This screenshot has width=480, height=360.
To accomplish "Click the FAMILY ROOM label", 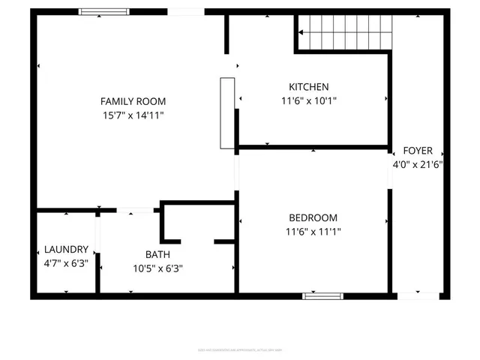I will [133, 101].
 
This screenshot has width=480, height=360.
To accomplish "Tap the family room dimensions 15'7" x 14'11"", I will [133, 115].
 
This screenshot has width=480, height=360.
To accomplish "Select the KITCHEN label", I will [308, 86].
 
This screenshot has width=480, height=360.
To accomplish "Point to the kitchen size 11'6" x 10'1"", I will [308, 100].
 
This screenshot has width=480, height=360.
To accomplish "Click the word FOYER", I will [418, 150].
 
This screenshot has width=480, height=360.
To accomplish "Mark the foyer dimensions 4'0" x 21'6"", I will [418, 164].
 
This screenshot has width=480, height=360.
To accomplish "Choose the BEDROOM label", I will [313, 217].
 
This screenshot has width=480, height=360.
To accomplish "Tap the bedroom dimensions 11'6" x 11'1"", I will [313, 232].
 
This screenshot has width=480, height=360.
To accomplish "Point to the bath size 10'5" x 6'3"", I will [158, 268].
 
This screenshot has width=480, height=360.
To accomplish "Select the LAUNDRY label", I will [66, 249].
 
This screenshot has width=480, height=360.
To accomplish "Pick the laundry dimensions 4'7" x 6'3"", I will [66, 263].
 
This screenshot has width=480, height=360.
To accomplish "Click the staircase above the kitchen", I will [346, 32].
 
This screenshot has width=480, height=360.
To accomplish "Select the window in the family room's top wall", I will [100, 12].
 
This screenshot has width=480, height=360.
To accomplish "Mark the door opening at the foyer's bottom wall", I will [418, 296].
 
